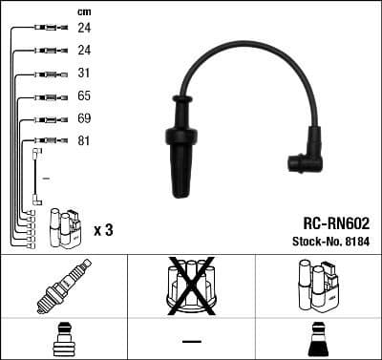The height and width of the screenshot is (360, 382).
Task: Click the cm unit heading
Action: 82,11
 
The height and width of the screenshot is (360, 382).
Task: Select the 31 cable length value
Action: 83,74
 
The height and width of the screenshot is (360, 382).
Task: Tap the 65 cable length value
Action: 83,96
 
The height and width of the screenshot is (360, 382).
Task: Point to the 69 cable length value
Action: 83,119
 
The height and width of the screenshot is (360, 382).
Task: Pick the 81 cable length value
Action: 83,142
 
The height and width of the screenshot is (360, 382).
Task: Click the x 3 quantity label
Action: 104,230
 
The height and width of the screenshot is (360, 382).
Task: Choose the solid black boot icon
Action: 318,340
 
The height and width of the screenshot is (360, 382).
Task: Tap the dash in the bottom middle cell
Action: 191,341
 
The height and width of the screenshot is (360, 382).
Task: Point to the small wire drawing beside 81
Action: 46,142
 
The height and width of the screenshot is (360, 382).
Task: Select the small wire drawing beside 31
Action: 46,74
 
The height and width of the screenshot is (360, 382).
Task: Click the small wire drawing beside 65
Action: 46,96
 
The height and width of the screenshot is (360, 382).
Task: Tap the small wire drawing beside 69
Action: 46,119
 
